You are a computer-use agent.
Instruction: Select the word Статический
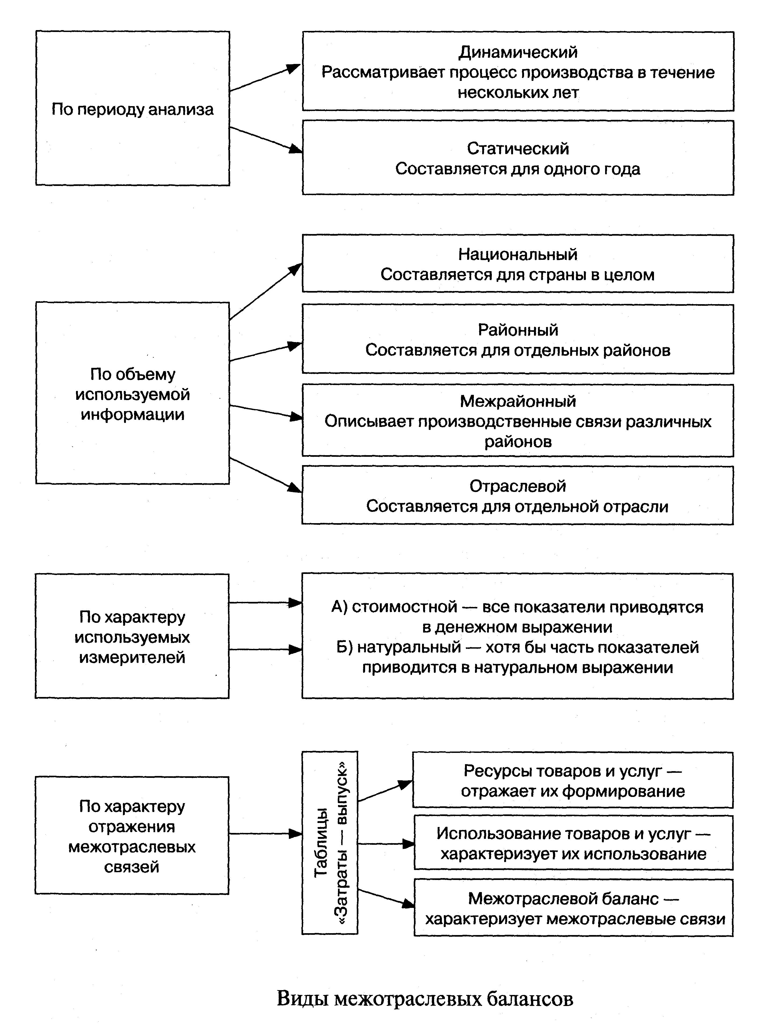[x=518, y=149]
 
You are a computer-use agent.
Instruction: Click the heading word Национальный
[x=518, y=254]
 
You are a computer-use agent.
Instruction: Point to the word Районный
[x=518, y=330]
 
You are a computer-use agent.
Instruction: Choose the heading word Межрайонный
[x=518, y=401]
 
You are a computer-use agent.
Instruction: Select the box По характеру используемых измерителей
[x=132, y=637]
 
